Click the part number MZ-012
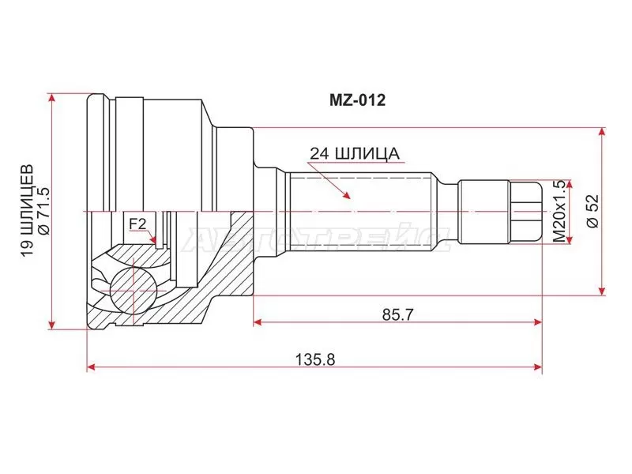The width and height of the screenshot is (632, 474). (x=357, y=101)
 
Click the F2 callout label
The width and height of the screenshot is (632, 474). (x=137, y=224)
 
